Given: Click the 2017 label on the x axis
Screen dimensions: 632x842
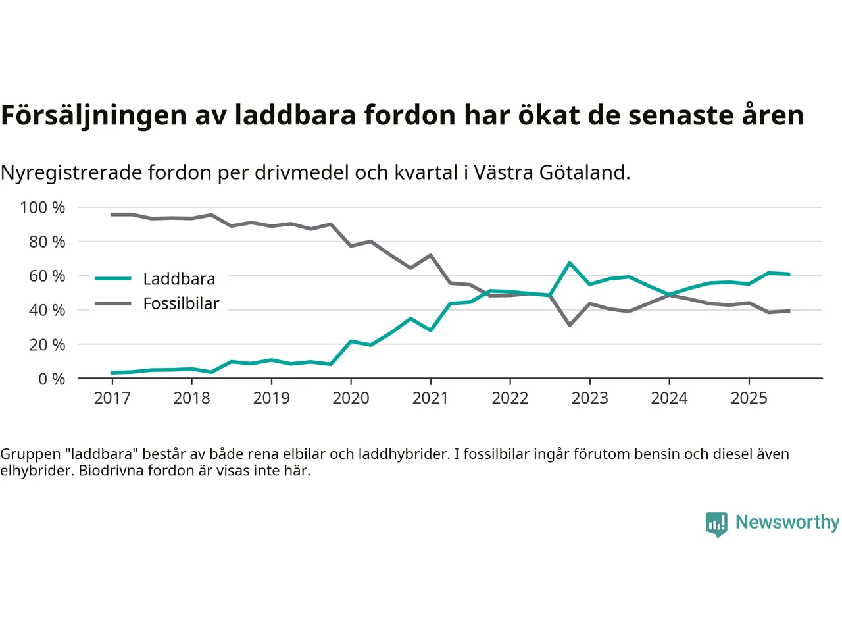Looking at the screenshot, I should tap(112, 398).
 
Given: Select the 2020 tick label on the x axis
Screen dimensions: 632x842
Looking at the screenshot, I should tap(351, 398).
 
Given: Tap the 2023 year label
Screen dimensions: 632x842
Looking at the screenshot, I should tap(589, 398).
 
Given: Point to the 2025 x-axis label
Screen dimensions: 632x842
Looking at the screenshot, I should tap(749, 398).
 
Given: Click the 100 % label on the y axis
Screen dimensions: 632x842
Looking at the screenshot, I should tap(43, 208).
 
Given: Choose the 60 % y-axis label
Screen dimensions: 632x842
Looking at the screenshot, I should tap(47, 276).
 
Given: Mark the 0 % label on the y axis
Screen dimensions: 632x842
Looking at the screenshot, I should tap(51, 379).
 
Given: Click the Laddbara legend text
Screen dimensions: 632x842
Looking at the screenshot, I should tap(179, 279).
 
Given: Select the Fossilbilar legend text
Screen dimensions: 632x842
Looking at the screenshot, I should tap(181, 303).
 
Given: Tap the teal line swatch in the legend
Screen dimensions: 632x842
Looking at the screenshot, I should tap(113, 279).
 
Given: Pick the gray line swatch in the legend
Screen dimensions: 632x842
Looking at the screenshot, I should tap(113, 303).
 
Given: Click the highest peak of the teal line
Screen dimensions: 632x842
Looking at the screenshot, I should tap(570, 263).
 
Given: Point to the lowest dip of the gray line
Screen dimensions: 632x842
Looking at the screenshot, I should tap(570, 325).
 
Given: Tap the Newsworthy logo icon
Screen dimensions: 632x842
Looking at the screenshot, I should tap(716, 524).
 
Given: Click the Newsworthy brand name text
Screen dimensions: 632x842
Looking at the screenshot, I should tap(787, 522).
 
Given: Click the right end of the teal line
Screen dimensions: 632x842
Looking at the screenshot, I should tap(789, 274).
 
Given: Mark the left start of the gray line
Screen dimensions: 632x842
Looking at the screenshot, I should tap(112, 215).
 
